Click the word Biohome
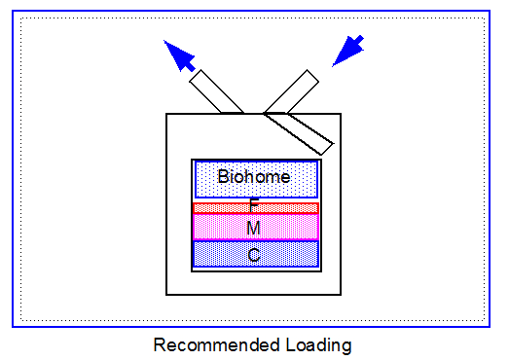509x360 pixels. tap(254, 177)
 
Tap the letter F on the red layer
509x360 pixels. tap(254, 205)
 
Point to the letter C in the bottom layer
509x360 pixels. tap(253, 256)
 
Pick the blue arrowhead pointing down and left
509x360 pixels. tap(347, 51)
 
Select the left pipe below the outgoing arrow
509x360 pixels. tap(218, 91)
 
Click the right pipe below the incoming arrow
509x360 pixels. tap(291, 91)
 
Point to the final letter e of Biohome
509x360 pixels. tap(285, 177)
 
